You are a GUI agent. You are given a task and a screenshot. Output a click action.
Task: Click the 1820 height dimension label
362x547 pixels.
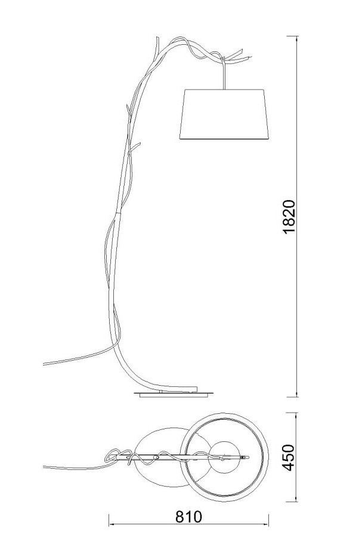(x=289, y=217)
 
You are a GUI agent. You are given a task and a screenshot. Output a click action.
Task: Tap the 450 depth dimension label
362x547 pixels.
(x=289, y=457)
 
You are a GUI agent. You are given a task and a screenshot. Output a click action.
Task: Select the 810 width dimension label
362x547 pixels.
(x=188, y=517)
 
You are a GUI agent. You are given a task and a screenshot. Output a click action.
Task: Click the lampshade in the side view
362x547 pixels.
(x=224, y=114)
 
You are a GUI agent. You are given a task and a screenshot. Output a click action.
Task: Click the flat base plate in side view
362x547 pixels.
(x=174, y=395)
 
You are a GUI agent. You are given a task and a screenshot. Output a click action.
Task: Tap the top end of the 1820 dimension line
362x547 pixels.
(x=297, y=36)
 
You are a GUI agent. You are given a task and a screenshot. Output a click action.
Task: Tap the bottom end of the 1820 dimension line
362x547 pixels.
(x=297, y=397)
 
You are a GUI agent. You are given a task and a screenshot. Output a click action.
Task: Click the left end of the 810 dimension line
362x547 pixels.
(x=109, y=524)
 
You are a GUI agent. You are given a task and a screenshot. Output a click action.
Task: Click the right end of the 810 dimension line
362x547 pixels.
(x=268, y=524)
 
